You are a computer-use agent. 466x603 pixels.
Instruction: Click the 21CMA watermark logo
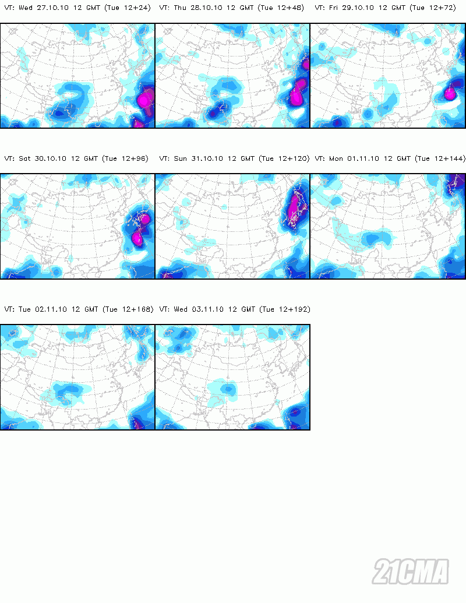[x=411, y=571]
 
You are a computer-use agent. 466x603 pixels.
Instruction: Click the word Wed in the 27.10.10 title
[x=25, y=8]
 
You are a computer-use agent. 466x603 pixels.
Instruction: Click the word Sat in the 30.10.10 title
[x=25, y=158]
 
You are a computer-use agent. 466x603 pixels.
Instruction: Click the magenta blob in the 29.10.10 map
[x=450, y=93]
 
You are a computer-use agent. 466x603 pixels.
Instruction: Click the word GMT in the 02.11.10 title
[x=90, y=309]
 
